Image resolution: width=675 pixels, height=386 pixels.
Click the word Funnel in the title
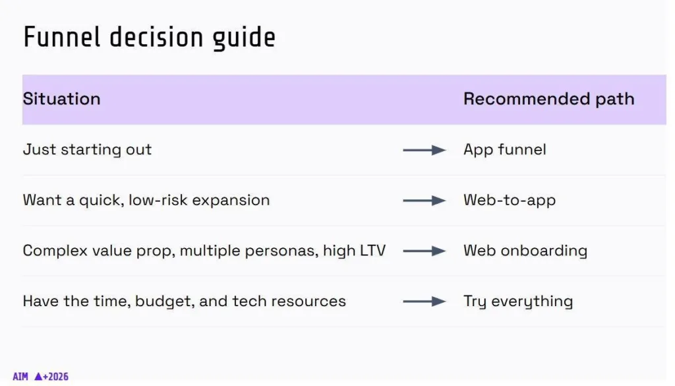point(61,36)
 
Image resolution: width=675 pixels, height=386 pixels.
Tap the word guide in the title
point(244,38)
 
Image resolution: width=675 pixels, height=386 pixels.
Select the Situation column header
point(61,99)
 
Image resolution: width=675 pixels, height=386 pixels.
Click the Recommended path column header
point(549,99)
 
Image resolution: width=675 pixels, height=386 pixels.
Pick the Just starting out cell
point(88,150)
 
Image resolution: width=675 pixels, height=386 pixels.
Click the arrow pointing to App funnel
point(424,150)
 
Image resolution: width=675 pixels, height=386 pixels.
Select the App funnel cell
point(504,150)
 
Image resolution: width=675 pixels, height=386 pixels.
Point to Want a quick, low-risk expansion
point(146,201)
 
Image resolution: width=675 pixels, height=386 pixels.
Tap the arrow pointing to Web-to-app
point(424,201)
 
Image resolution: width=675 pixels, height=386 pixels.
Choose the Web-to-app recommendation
point(510,201)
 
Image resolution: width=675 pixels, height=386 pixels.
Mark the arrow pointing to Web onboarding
point(424,251)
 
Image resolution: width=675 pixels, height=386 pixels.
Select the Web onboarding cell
point(525,251)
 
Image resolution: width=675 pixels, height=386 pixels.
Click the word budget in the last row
point(165,301)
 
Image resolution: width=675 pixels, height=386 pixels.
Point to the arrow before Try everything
point(424,301)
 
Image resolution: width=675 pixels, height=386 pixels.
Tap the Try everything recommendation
point(518,301)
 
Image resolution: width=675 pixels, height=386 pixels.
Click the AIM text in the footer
point(20,377)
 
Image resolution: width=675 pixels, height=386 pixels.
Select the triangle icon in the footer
point(38,377)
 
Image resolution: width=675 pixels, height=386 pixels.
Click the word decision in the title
point(156,36)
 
